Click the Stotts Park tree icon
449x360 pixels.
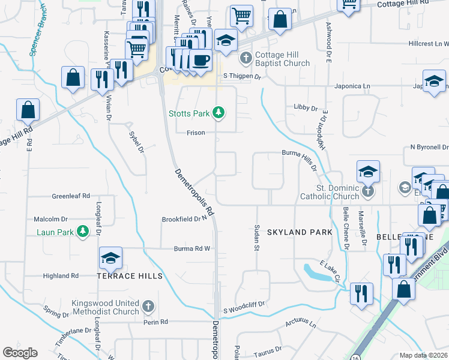[x=220, y=112]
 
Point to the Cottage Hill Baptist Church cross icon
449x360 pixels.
[x=245, y=59]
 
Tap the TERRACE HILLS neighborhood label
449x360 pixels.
[x=130, y=276]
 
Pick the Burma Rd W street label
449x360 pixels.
[x=191, y=248]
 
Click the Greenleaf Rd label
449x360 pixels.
[x=70, y=196]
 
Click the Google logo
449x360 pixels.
[x=20, y=352]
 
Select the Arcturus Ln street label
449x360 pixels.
[x=300, y=324]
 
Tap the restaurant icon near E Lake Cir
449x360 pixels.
[x=361, y=293]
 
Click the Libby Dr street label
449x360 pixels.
[x=306, y=108]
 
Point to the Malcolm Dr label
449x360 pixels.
[x=50, y=220]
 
